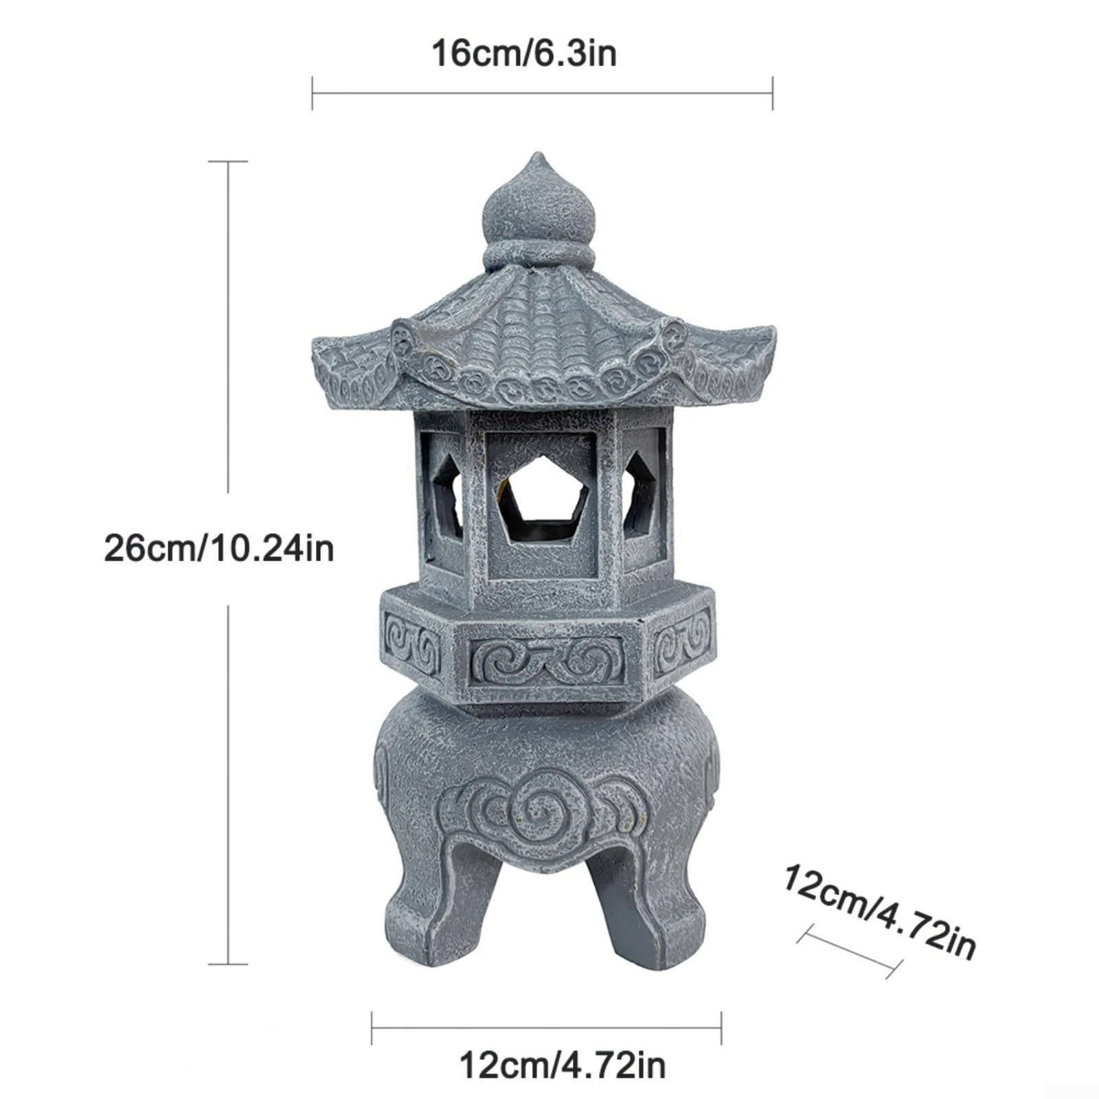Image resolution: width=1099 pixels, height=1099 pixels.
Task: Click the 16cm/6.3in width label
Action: pos(524,54)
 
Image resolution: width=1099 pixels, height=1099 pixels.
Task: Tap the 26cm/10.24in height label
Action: pos(219,548)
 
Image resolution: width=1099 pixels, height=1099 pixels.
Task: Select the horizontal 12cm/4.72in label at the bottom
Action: pos(562,1065)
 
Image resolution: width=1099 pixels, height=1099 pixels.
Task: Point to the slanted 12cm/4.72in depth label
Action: pos(880,911)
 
